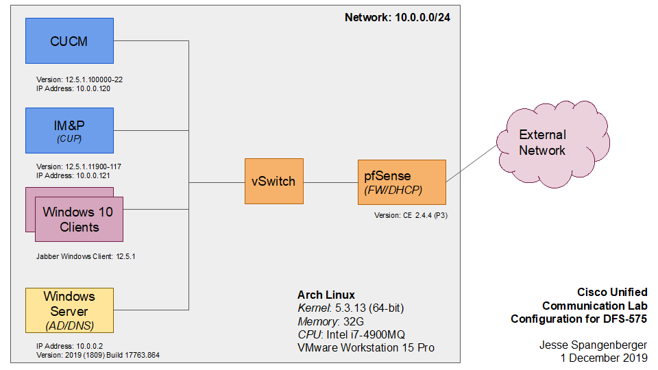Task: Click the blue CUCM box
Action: point(69,42)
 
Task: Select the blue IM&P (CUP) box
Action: point(69,130)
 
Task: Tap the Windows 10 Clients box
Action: point(79,219)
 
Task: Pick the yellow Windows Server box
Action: point(69,309)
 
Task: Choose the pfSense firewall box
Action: point(402,182)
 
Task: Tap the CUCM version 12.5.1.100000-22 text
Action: point(79,79)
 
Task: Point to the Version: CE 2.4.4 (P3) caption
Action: point(411,215)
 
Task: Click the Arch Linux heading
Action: point(326,295)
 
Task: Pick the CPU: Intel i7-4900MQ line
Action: point(351,334)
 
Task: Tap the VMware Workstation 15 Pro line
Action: point(366,347)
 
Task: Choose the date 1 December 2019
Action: point(602,358)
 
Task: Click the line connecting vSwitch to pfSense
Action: point(330,182)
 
